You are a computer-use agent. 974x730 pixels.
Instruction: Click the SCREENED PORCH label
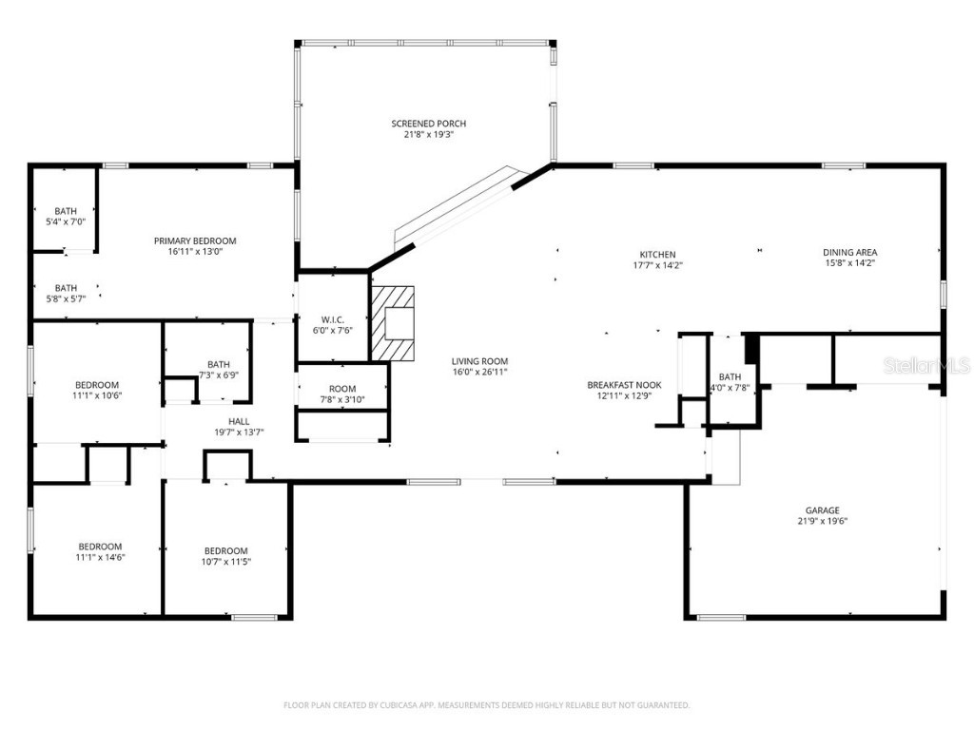point(428,124)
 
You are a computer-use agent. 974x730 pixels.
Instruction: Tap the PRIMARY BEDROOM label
point(195,241)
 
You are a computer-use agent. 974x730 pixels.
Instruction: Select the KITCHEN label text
point(657,255)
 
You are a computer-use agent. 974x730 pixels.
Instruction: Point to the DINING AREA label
point(849,253)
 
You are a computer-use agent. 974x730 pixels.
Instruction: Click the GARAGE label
point(823,510)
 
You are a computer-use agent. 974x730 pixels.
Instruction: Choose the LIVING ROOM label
point(479,361)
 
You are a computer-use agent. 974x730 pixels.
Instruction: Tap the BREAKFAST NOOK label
point(624,385)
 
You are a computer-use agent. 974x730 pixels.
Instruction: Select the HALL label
point(239,421)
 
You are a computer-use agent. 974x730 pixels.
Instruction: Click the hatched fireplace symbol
point(393,323)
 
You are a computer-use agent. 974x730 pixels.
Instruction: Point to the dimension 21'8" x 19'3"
point(428,135)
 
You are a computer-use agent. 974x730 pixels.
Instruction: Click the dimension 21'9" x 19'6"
point(823,521)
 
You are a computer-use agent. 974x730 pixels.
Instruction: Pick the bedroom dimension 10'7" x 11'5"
point(226,562)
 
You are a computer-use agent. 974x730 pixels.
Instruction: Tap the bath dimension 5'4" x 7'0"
point(66,221)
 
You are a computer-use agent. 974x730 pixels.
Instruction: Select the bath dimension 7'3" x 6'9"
point(219,375)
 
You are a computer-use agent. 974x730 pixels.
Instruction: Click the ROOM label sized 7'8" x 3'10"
point(342,389)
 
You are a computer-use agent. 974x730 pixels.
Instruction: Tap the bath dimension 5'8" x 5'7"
point(66,298)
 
